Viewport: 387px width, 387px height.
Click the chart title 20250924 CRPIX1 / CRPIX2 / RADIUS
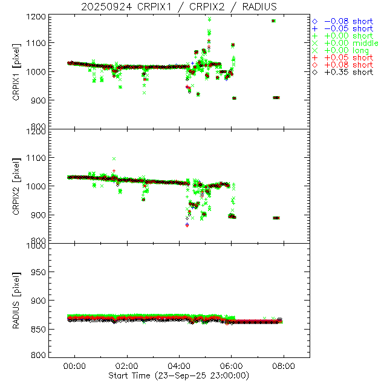pyautogui.click(x=179, y=7)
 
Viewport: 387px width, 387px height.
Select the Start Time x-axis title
pyautogui.click(x=180, y=376)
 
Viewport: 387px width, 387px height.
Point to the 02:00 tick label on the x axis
pyautogui.click(x=127, y=366)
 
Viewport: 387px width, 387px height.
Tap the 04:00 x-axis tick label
pyautogui.click(x=179, y=366)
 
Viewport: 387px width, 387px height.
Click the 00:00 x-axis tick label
pyautogui.click(x=75, y=366)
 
